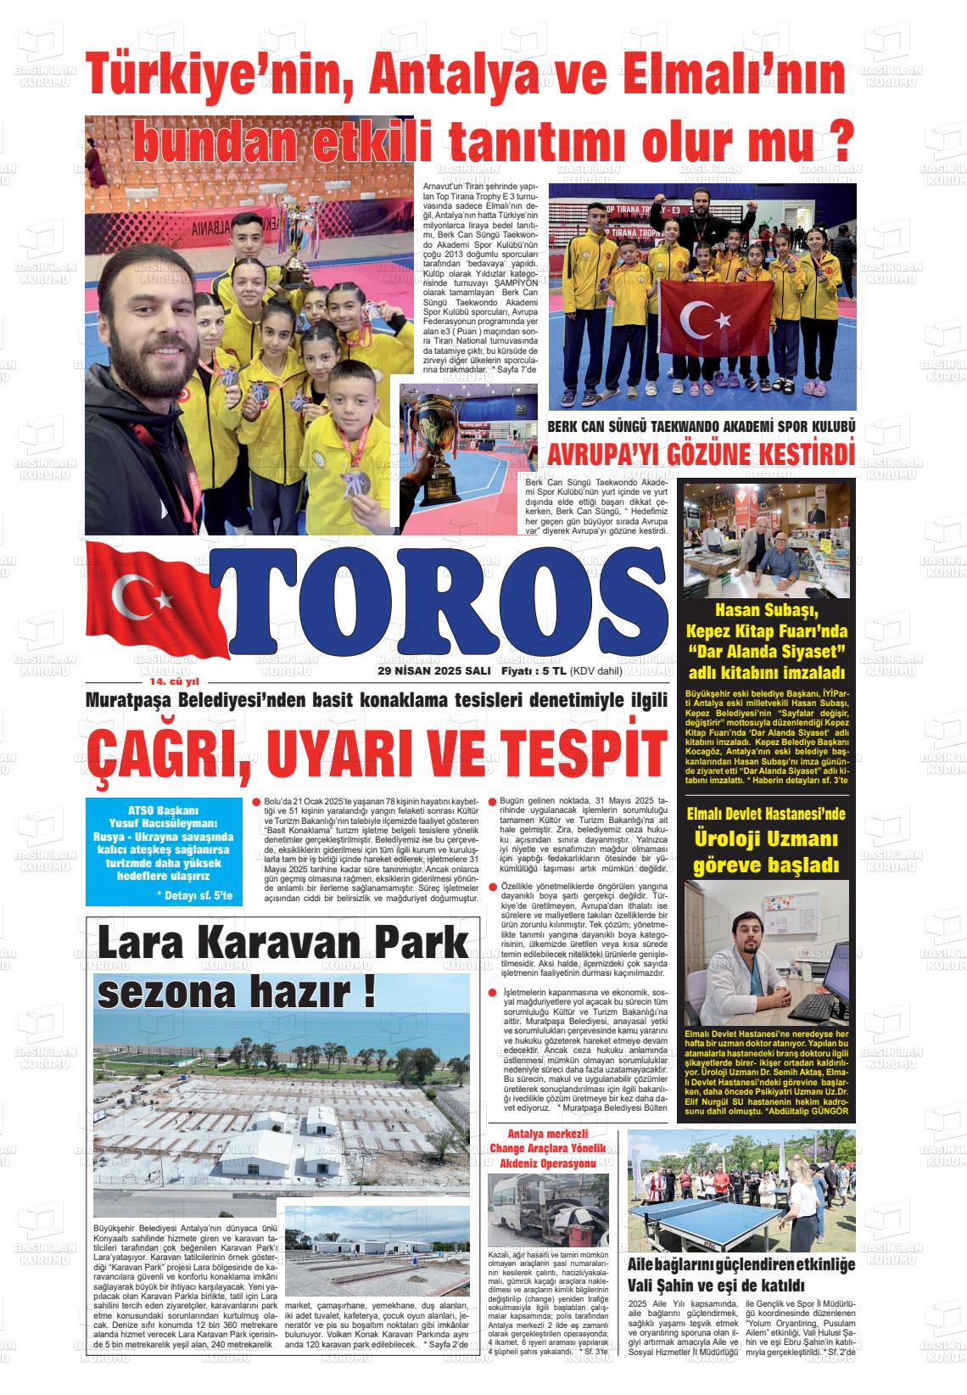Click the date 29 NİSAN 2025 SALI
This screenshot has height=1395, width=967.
[x=434, y=670]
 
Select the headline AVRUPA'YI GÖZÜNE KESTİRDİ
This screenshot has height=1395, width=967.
[x=701, y=454]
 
